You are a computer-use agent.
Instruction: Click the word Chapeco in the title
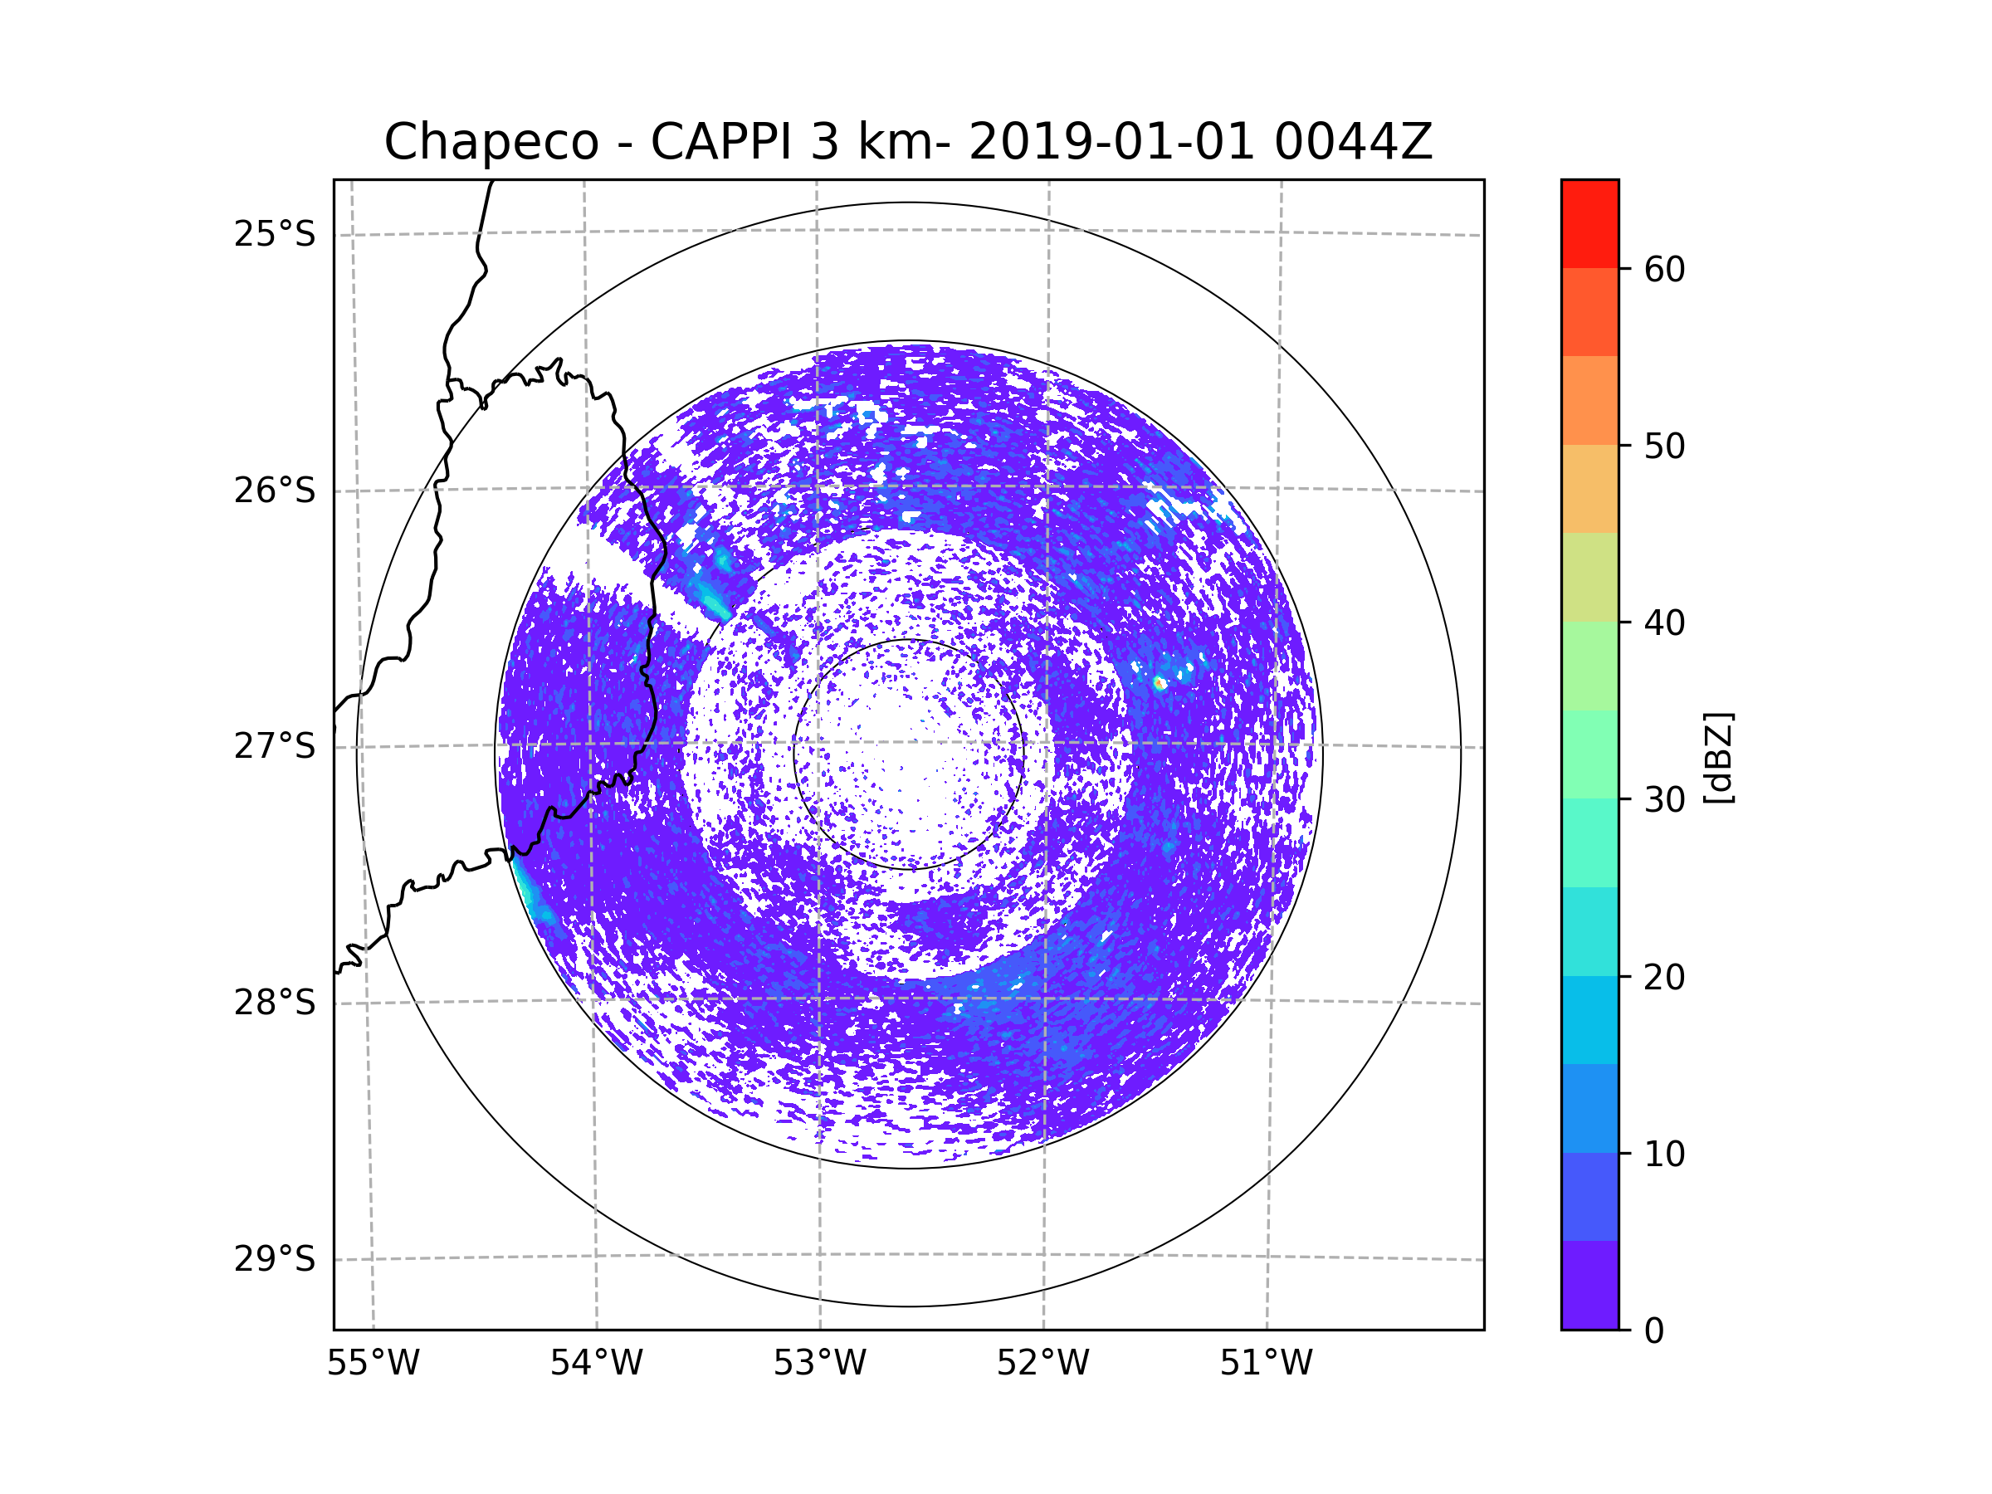coord(491,142)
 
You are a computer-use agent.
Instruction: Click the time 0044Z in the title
coord(1353,142)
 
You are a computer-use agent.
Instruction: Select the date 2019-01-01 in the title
coord(1111,142)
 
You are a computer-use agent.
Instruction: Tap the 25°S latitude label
coord(275,234)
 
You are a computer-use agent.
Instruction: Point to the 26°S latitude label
coord(275,491)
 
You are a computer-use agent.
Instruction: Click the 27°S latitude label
coord(275,746)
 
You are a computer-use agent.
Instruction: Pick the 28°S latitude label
coord(275,1003)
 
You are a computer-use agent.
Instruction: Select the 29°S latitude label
coord(275,1259)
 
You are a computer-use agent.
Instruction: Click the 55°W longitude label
coord(373,1364)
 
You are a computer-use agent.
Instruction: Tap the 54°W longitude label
coord(596,1364)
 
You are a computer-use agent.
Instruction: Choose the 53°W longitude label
coord(819,1364)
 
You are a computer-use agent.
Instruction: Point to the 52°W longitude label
coord(1042,1364)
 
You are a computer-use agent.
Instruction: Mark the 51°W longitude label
coord(1266,1364)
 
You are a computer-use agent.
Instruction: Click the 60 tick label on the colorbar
coord(1664,269)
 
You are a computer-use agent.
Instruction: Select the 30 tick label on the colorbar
coord(1664,799)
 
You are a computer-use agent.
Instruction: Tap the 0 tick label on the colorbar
coord(1654,1331)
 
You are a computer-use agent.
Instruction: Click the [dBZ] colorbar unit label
coord(1718,757)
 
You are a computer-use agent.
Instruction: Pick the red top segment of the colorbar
coord(1589,223)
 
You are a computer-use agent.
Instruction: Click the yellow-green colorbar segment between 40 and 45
coord(1589,577)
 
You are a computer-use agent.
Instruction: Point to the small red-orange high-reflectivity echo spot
coord(1159,686)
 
